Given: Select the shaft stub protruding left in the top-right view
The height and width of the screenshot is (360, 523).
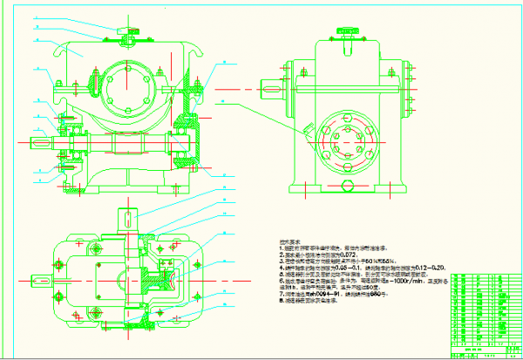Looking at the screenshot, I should [x=273, y=89].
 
